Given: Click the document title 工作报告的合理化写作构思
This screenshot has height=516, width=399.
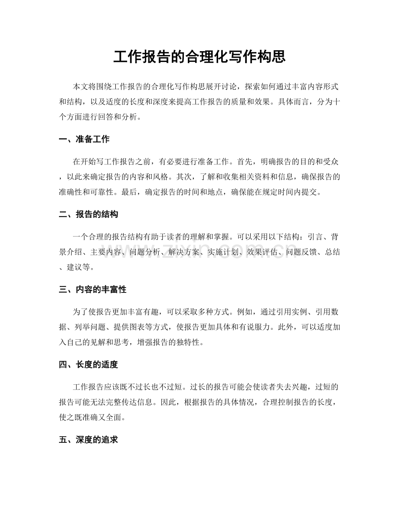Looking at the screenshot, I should click(199, 57).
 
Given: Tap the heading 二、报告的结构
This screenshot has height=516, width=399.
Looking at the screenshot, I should click(88, 214).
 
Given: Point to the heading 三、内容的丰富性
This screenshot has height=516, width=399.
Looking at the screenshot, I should click(92, 290).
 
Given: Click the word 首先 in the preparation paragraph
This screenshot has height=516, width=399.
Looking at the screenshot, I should click(245, 162).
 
